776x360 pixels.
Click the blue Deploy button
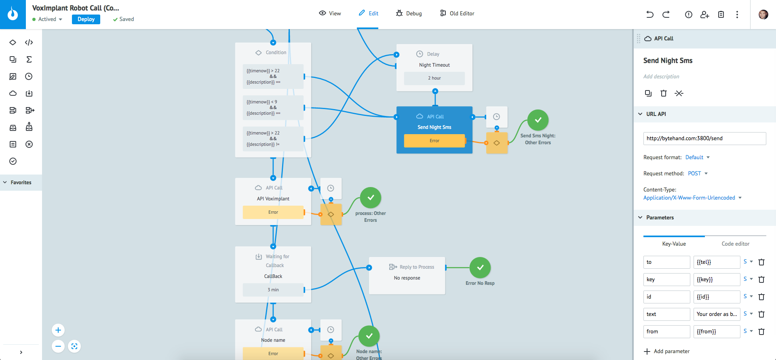click(x=86, y=19)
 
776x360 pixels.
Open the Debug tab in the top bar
click(x=409, y=13)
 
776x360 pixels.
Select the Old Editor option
click(x=457, y=13)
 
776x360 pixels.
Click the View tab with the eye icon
click(x=330, y=13)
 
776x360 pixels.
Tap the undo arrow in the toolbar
click(x=649, y=15)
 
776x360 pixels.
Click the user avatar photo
click(x=763, y=15)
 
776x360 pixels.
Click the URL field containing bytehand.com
click(x=704, y=138)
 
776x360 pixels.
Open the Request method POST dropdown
click(x=698, y=173)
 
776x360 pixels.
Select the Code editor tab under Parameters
click(x=735, y=244)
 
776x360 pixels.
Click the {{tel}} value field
click(x=716, y=262)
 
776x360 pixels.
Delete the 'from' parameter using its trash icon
click(x=761, y=332)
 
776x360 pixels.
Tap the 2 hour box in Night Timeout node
click(x=434, y=78)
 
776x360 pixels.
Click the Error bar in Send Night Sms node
click(x=434, y=141)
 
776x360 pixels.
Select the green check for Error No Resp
click(x=480, y=267)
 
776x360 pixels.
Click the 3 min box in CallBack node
click(x=273, y=290)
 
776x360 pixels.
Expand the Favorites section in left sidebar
click(x=20, y=183)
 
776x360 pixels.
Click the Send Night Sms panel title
click(x=668, y=61)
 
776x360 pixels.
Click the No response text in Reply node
click(x=407, y=278)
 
